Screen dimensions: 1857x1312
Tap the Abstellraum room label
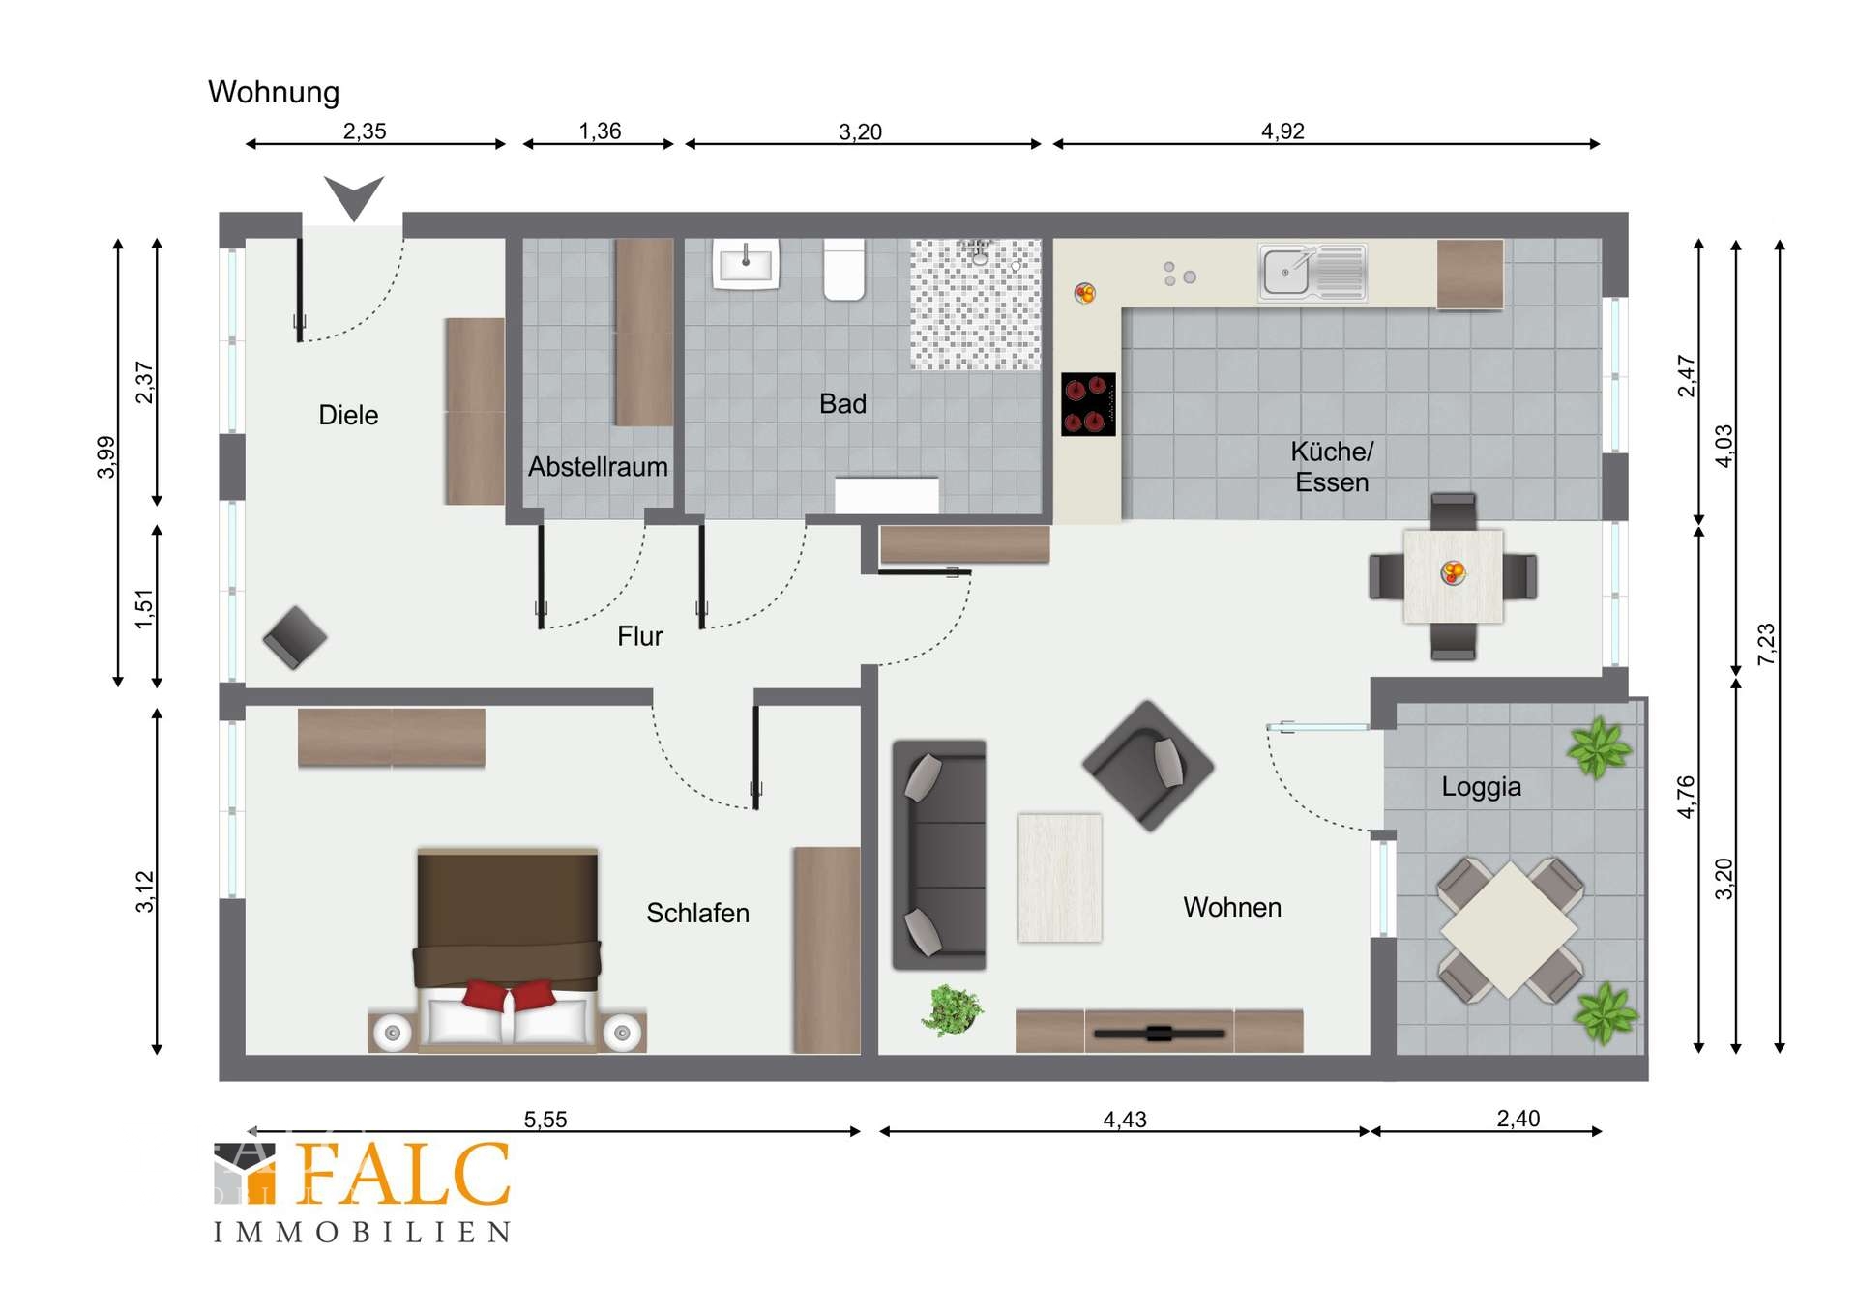(x=598, y=467)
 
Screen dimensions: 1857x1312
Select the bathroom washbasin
(x=746, y=263)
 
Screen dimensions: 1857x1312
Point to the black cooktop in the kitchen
(x=1088, y=404)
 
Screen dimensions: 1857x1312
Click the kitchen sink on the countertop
(x=1312, y=272)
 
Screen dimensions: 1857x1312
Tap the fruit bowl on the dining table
(x=1453, y=573)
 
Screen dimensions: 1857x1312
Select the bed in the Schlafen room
(x=507, y=950)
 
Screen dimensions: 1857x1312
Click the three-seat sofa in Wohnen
(x=939, y=855)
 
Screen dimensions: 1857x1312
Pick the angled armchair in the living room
(x=1148, y=766)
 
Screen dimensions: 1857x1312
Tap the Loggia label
(x=1481, y=787)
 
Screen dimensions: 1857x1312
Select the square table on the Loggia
(x=1509, y=929)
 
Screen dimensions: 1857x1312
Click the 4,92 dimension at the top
(x=1282, y=131)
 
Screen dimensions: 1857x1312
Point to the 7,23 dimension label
(x=1766, y=644)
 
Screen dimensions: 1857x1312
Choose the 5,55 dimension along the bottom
(x=545, y=1120)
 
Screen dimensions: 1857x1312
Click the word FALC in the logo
(x=403, y=1174)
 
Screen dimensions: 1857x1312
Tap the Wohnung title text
(x=274, y=93)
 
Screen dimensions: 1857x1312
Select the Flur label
(x=640, y=636)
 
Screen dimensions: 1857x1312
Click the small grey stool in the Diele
(x=295, y=638)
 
